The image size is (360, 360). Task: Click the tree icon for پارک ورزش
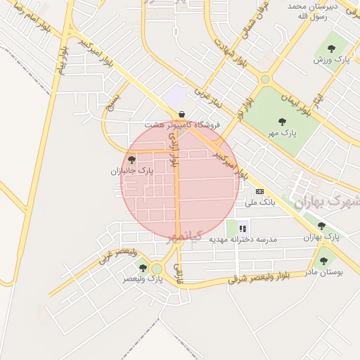[x=331, y=49]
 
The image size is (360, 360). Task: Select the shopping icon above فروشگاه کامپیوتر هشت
[x=181, y=114]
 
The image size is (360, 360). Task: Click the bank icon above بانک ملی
[x=259, y=191]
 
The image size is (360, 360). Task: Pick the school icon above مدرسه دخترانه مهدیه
[x=243, y=228]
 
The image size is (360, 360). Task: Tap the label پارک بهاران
[x=321, y=238]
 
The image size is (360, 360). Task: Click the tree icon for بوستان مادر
[x=323, y=261]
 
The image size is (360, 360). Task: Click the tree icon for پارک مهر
[x=282, y=122]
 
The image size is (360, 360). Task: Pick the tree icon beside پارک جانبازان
[x=131, y=160]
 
